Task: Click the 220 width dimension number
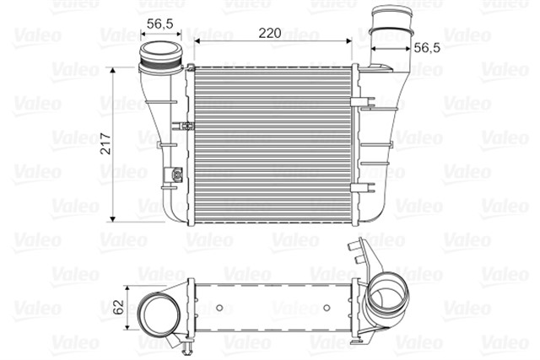click(x=269, y=33)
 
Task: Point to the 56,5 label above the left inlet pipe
click(x=159, y=24)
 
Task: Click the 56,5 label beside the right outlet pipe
click(x=428, y=50)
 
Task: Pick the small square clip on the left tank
click(x=178, y=175)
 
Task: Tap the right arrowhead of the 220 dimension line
click(x=349, y=39)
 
